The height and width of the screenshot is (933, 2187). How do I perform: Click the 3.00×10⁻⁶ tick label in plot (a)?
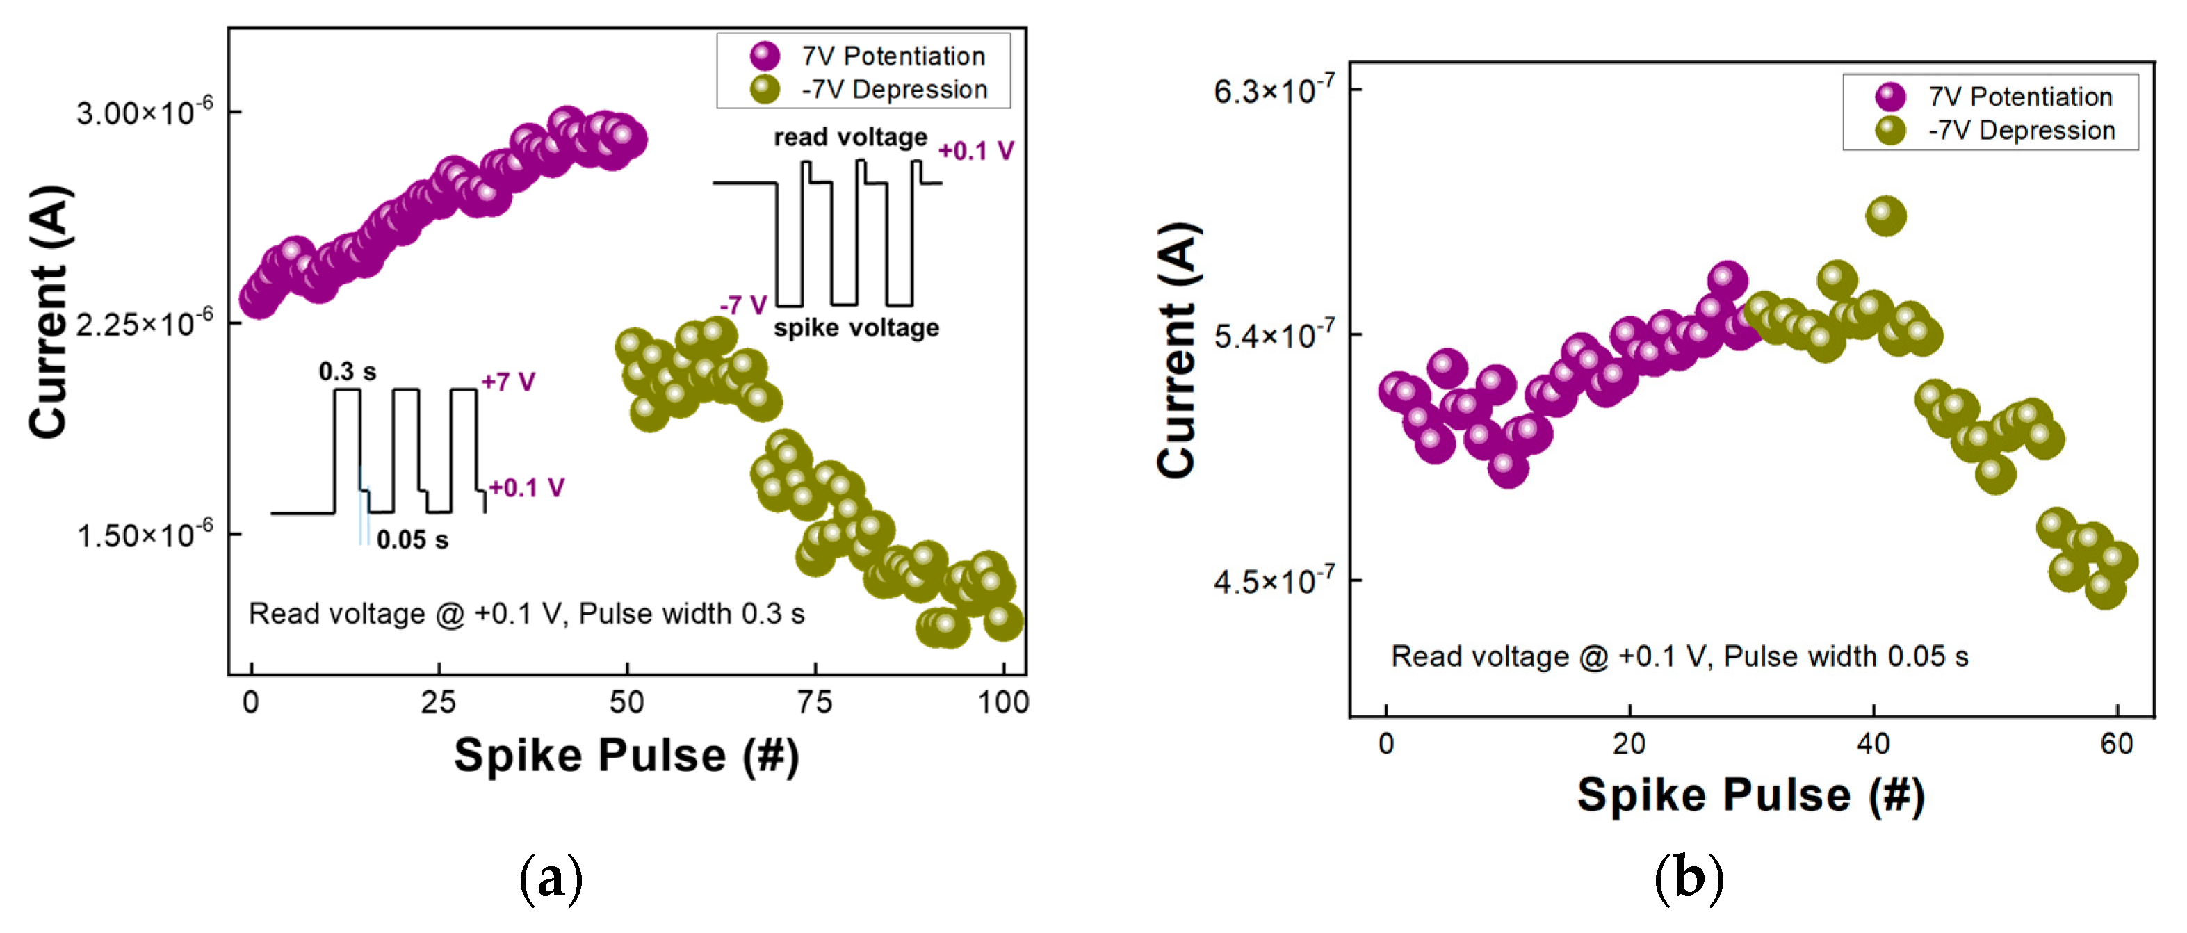point(145,112)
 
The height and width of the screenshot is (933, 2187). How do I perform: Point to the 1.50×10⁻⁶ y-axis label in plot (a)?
point(145,535)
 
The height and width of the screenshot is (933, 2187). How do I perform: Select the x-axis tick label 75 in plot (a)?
point(815,702)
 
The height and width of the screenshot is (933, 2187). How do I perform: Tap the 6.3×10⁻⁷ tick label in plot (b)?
point(1274,90)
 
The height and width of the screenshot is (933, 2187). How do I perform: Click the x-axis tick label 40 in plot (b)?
point(1873,745)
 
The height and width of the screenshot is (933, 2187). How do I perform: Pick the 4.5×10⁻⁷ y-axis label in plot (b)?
point(1274,581)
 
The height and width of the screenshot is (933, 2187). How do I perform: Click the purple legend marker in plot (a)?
point(765,56)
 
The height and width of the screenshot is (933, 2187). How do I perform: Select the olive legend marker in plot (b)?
point(1891,131)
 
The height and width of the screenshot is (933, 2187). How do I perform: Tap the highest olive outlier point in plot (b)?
point(1885,216)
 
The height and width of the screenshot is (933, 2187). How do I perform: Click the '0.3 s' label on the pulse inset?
point(348,372)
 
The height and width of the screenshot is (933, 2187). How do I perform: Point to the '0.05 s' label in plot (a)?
point(413,540)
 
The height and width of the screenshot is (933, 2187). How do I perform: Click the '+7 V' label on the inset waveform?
point(507,382)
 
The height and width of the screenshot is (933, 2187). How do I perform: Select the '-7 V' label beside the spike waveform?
point(744,305)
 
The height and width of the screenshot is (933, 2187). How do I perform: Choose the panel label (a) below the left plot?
point(551,878)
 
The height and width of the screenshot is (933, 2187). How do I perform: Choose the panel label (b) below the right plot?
point(1689,878)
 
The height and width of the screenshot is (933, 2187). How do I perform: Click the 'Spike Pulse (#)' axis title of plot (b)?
point(1750,795)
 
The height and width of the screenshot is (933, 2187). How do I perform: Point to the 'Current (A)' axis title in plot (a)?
point(49,312)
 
